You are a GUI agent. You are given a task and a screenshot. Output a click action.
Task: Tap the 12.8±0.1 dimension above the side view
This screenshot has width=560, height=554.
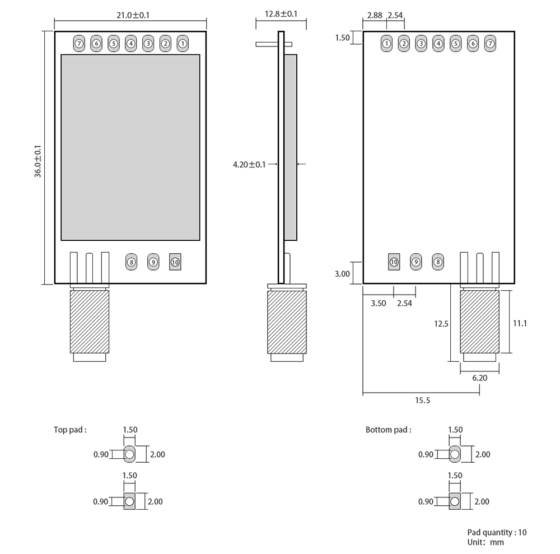click(x=281, y=13)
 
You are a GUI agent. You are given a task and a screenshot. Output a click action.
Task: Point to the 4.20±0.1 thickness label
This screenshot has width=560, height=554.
click(x=250, y=164)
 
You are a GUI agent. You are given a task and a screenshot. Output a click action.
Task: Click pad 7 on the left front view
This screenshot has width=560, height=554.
click(x=78, y=43)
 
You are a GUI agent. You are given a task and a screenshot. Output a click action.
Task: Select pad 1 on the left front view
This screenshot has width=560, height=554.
click(x=183, y=43)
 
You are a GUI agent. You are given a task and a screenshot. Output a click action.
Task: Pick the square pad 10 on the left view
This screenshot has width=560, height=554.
click(x=175, y=262)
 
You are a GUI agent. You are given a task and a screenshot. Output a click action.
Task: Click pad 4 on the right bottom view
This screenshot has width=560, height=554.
click(x=438, y=43)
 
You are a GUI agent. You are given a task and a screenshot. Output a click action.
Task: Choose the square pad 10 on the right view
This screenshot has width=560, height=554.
click(x=394, y=261)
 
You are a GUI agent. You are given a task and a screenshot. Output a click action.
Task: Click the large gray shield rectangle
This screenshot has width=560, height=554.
click(x=130, y=147)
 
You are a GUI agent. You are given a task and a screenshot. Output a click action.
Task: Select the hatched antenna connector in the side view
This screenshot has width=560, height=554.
click(x=287, y=322)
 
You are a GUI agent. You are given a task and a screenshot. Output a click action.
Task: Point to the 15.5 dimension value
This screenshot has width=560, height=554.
click(x=423, y=401)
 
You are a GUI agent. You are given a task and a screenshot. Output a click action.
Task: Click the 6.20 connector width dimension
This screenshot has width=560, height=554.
click(x=480, y=378)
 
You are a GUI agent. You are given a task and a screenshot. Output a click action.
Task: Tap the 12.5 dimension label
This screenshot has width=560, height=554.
click(x=442, y=323)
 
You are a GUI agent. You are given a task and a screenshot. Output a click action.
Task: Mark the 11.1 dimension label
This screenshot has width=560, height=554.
click(x=520, y=323)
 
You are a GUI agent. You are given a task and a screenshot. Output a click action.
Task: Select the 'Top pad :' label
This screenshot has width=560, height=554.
click(x=70, y=430)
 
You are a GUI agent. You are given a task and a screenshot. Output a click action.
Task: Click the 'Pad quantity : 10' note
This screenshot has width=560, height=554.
click(x=497, y=532)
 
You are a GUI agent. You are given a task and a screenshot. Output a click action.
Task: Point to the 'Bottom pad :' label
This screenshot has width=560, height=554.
click(x=388, y=430)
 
